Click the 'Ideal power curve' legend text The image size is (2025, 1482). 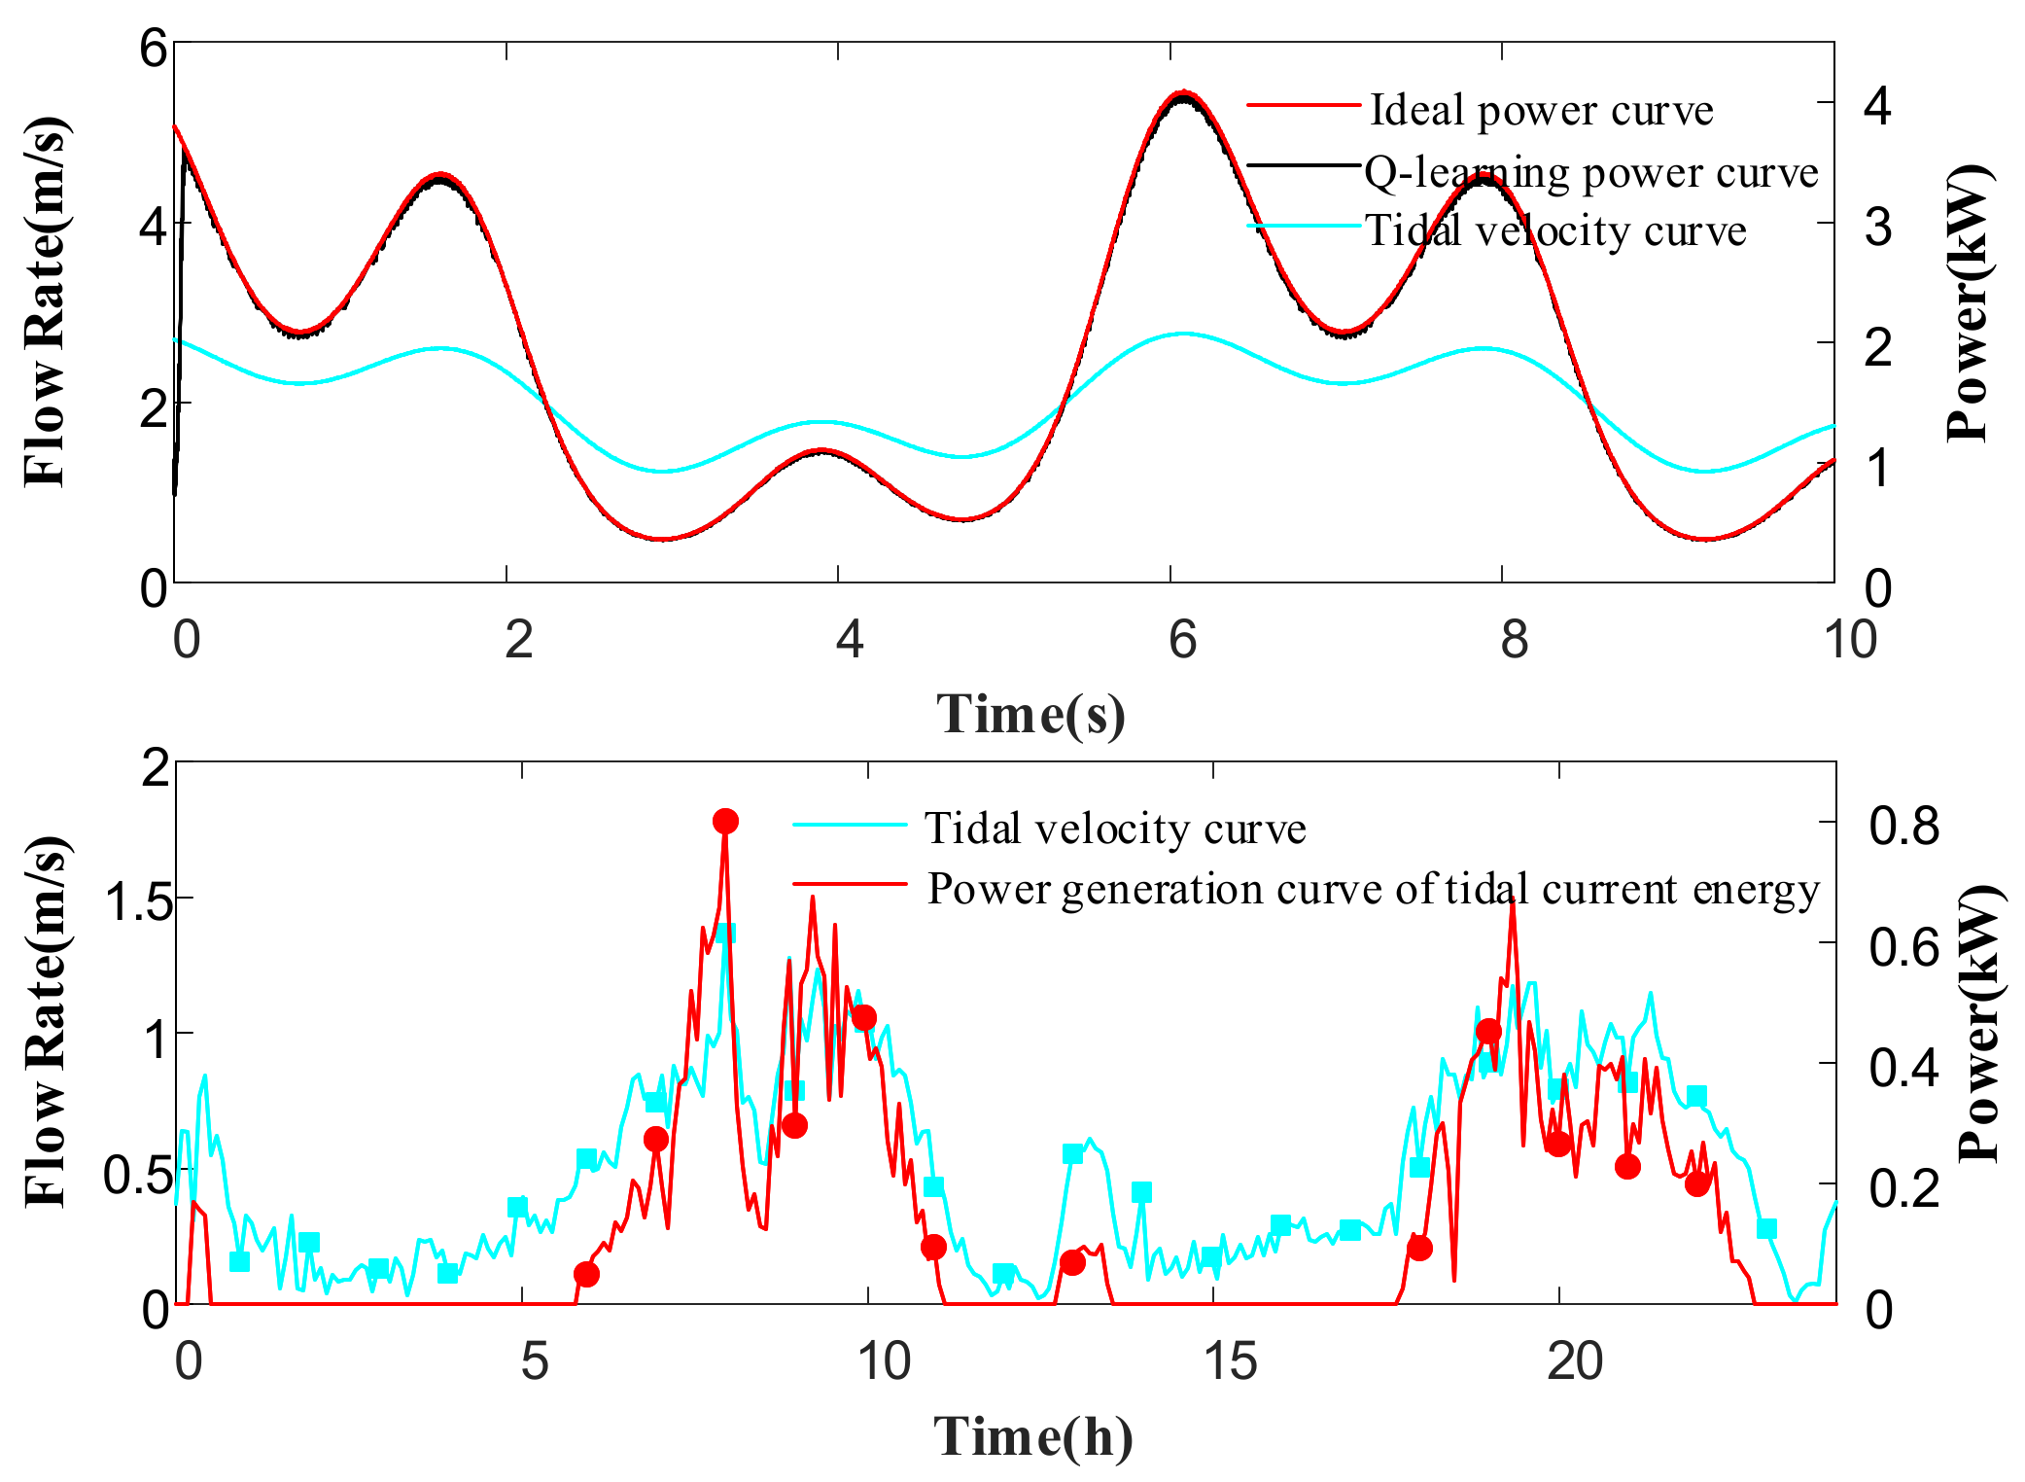(1541, 110)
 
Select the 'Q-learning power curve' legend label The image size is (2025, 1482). (1590, 172)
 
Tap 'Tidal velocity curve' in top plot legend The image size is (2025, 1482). (1555, 231)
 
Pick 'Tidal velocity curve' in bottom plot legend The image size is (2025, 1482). (1115, 829)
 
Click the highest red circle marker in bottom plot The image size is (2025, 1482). (725, 822)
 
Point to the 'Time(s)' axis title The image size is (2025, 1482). (1030, 714)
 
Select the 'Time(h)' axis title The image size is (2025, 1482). (1032, 1436)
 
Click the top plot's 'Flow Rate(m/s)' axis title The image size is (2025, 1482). (46, 301)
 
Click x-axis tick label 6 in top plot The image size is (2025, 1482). (1182, 640)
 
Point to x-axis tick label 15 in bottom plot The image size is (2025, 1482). (1230, 1361)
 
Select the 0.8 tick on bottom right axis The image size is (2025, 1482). (1903, 826)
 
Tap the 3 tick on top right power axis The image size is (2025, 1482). (1877, 227)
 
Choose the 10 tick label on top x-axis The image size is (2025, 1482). (1848, 640)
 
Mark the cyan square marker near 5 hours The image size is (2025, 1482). (517, 1208)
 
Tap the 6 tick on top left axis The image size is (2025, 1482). (154, 48)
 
